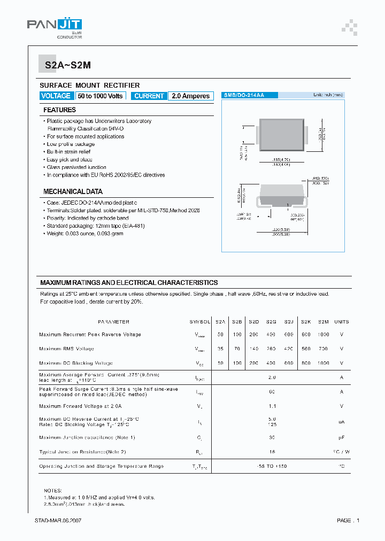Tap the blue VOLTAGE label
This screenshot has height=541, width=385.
point(56,96)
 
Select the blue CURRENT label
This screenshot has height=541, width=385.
point(149,96)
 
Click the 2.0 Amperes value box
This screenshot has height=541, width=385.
point(190,96)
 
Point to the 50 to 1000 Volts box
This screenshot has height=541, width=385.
point(100,96)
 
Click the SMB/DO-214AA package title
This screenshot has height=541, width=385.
point(243,95)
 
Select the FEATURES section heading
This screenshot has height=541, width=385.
point(59,110)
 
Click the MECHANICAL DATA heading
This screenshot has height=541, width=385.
point(73,191)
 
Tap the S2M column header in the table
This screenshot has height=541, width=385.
point(323,322)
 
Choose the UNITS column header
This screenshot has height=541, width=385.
point(341,322)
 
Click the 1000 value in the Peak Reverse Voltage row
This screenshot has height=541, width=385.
point(323,335)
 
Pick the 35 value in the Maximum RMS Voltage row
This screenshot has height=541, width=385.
point(220,349)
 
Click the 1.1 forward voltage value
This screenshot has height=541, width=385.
point(272,406)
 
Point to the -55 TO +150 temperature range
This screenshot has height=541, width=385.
point(272,466)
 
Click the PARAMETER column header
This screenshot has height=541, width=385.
point(113,322)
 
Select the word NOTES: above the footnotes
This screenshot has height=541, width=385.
point(53,490)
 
